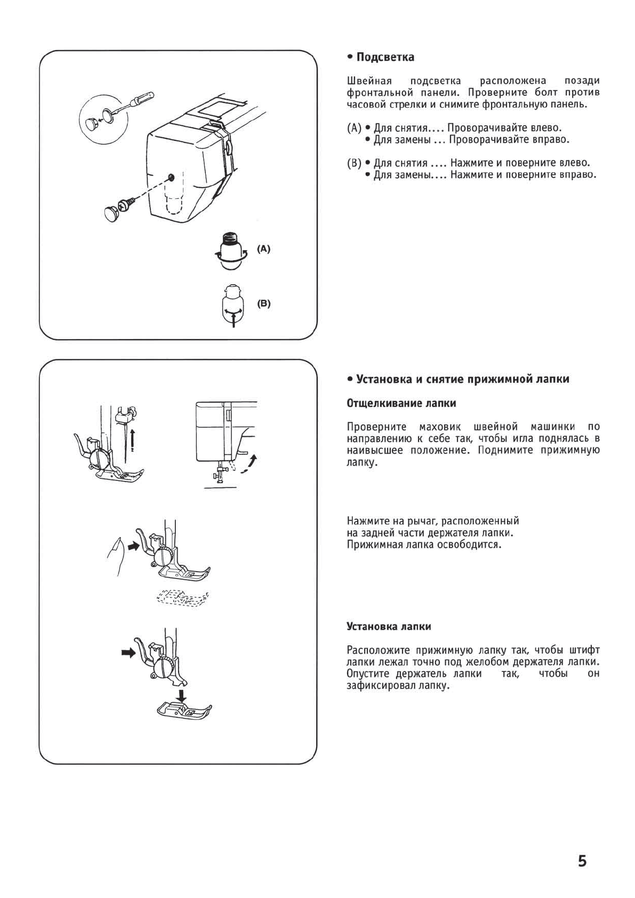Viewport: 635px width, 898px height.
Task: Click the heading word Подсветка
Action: tap(385, 57)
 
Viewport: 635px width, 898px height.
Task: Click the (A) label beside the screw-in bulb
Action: tap(263, 248)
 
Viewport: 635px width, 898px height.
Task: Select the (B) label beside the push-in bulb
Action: tap(263, 303)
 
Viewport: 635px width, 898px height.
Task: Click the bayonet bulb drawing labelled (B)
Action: tap(231, 304)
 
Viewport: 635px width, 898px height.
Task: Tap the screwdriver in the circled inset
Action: tap(135, 102)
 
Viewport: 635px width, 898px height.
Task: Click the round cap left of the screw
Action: tap(111, 214)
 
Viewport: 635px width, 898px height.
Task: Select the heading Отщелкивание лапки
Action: tap(401, 403)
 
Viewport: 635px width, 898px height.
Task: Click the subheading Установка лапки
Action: tap(389, 626)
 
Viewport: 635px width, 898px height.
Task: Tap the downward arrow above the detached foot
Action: tap(182, 695)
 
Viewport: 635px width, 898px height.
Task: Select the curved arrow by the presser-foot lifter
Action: tap(248, 464)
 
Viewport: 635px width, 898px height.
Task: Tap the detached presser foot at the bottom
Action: tap(184, 709)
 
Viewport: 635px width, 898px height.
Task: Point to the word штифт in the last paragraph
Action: tap(584, 650)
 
